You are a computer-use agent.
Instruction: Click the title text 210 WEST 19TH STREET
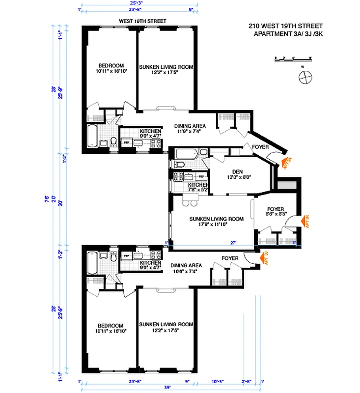[289, 26]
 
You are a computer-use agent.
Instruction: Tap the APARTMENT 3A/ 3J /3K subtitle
[289, 33]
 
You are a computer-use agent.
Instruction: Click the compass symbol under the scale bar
[305, 76]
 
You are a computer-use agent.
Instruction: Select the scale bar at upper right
[293, 59]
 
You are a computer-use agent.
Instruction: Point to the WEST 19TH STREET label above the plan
[143, 21]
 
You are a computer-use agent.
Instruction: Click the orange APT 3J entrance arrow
[265, 258]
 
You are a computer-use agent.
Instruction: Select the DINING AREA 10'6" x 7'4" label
[187, 268]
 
